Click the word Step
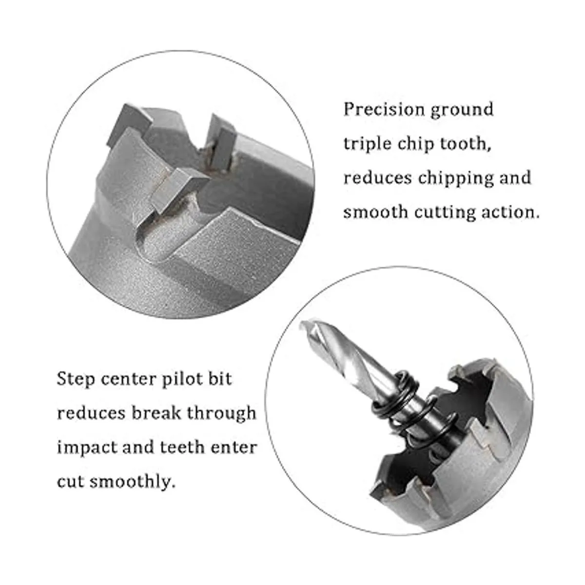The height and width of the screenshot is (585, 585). (76, 379)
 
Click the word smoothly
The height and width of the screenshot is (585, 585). (133, 482)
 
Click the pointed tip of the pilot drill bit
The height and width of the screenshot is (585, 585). (301, 325)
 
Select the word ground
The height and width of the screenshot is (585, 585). (462, 110)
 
